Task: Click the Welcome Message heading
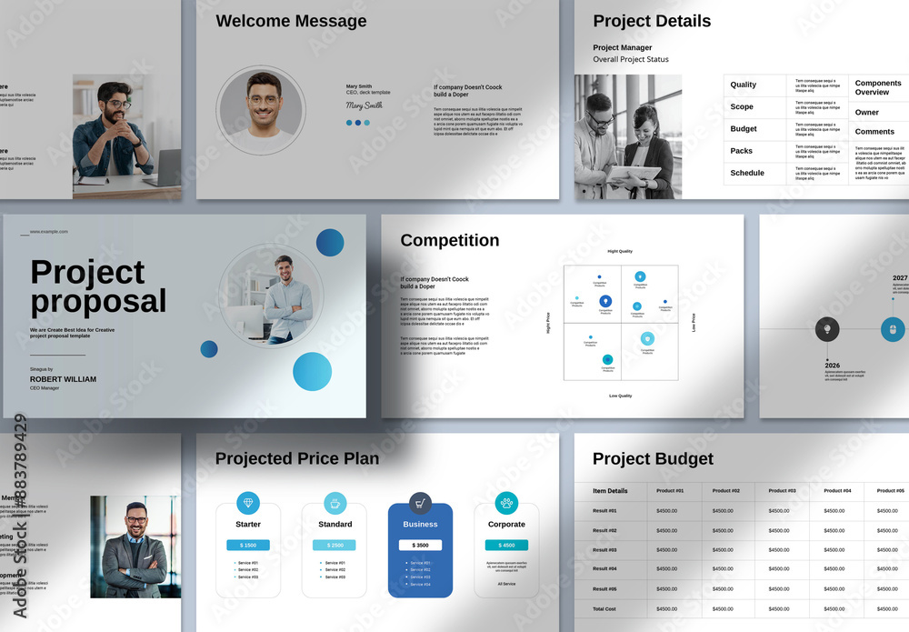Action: coord(291,21)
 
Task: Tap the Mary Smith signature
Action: coord(364,105)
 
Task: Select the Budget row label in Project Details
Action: coord(744,129)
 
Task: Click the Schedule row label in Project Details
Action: coord(747,173)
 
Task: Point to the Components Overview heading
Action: coord(878,87)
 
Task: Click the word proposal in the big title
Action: coord(98,302)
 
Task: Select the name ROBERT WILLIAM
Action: coord(63,379)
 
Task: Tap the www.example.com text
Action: coord(49,232)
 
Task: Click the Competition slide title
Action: coord(449,240)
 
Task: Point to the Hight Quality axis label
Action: coord(620,251)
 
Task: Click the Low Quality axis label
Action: coord(620,396)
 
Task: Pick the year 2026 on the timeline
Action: coord(833,366)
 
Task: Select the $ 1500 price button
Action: coord(248,545)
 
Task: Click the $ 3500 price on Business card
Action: coord(420,545)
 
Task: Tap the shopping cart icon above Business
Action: coord(420,503)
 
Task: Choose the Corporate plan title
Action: coord(506,524)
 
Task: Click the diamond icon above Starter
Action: coord(248,503)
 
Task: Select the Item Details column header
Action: coord(610,491)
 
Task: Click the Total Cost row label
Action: coord(604,608)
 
